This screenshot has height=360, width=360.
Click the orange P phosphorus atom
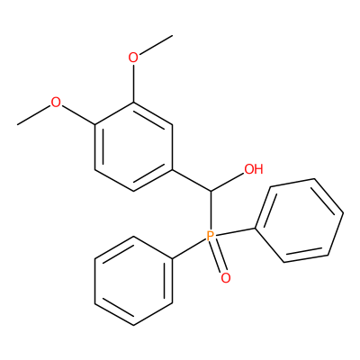211,236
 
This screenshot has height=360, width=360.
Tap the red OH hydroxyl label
254,169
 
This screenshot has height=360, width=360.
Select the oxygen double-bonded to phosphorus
226,278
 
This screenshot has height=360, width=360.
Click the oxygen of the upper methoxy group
133,58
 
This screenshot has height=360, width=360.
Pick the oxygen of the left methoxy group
56,103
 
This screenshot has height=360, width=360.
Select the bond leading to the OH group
228,182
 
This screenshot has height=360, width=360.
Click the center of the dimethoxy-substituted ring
133,147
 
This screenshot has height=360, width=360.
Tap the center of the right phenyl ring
299,220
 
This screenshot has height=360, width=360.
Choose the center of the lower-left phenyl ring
133,281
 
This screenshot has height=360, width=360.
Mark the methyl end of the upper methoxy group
173,35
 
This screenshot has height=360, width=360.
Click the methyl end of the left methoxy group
17,124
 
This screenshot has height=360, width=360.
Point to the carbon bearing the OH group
211,191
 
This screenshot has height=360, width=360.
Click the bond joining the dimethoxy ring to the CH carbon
192,180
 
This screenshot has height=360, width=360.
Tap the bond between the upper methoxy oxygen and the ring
133,83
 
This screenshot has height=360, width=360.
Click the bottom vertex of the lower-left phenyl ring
133,326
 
